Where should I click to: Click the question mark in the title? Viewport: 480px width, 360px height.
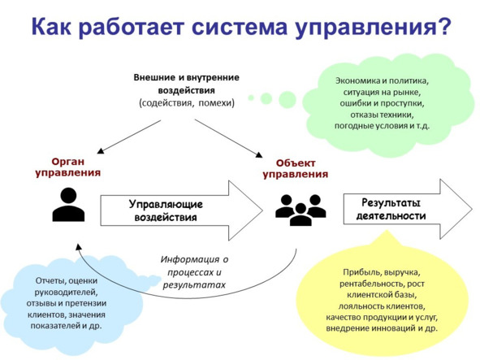point(443,26)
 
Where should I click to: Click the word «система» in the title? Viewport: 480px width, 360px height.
point(240,27)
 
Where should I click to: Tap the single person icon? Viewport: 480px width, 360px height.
point(68,204)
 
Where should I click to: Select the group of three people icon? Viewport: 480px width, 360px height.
point(301,210)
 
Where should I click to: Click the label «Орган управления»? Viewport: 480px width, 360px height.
point(68,167)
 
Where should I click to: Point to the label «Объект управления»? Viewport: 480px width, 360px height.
point(296,169)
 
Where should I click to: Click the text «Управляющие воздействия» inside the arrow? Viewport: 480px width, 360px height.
point(166,210)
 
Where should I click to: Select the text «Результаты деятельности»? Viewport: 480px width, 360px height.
point(391,210)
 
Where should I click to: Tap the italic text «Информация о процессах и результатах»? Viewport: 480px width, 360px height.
point(194,272)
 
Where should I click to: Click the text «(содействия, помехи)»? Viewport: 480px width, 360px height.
point(187,102)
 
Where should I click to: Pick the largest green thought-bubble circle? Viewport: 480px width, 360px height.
point(288,100)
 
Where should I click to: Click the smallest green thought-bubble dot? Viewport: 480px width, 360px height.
point(251,98)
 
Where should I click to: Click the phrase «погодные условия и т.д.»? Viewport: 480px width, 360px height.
point(382,126)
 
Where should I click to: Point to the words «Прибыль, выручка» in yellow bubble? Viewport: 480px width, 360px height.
point(382,272)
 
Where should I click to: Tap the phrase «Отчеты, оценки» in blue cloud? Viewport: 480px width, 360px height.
point(67,280)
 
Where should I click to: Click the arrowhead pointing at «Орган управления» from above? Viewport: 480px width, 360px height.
point(100,150)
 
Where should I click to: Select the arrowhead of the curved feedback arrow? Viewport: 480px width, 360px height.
point(79,247)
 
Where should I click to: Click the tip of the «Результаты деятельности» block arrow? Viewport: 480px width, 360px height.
point(472,209)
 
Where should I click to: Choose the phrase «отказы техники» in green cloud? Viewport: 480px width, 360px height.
point(382,115)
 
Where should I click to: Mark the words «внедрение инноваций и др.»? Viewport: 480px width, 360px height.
point(382,328)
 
